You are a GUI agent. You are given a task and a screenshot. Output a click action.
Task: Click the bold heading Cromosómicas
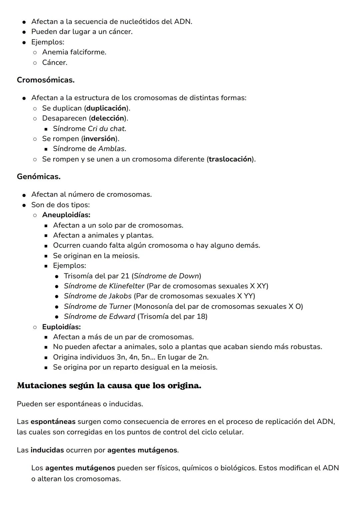coord(46,80)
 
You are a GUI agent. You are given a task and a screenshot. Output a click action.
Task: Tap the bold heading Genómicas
coord(39,176)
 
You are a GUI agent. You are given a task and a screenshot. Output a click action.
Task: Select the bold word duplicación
coord(106,108)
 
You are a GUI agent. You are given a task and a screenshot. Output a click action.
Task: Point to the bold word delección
coord(107,118)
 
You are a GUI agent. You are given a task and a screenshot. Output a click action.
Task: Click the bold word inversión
coord(99,138)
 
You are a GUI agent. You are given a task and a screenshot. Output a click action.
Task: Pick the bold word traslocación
coord(230,159)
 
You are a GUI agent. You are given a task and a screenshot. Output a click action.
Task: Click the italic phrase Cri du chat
coord(107,128)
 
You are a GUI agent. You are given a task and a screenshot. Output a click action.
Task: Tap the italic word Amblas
coord(111,148)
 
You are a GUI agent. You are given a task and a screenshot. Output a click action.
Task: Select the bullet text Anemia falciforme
coord(74,52)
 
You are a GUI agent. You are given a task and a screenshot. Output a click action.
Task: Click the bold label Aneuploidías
coord(66,215)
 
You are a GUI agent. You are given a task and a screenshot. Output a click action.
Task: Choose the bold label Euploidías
coord(61,327)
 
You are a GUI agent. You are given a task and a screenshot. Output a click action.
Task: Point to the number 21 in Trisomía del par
coord(125,276)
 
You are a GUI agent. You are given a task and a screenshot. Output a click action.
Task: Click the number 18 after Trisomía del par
coord(201,316)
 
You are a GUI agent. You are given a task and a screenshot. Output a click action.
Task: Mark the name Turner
coord(120,306)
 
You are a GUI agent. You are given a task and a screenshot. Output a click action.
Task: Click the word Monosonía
coord(153,306)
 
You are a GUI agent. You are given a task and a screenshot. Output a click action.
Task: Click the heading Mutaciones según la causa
coord(109,386)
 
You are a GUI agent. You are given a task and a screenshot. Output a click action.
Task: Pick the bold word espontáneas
coord(53,421)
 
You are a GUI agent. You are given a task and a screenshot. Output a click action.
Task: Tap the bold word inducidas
coord(47,450)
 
